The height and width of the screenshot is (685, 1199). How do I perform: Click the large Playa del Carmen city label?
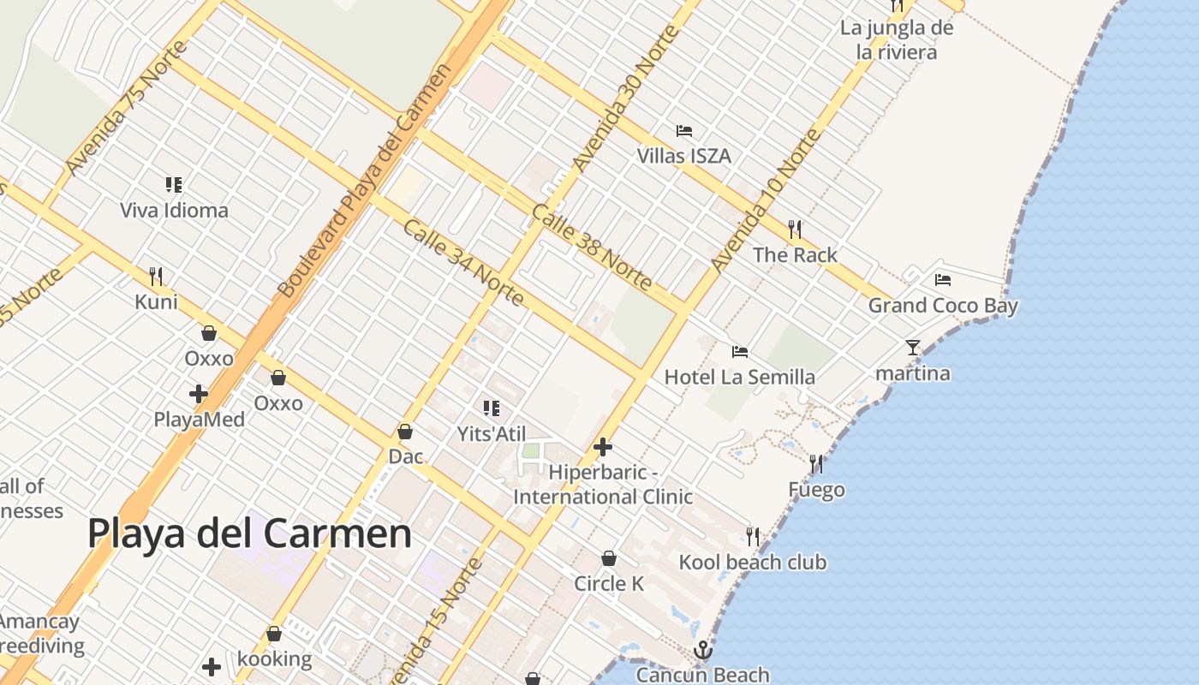tap(249, 533)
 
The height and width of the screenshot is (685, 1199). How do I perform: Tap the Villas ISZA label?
tap(683, 156)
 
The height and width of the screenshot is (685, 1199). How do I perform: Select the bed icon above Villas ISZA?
tap(684, 131)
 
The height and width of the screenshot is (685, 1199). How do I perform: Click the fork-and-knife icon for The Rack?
tap(795, 229)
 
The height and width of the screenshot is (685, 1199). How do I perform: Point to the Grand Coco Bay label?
tap(943, 306)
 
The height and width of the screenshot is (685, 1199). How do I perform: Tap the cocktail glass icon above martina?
tap(913, 348)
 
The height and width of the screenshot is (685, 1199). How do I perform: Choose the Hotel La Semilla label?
tap(740, 377)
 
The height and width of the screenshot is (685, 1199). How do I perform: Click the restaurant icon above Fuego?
tap(816, 464)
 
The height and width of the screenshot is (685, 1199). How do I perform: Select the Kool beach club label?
tap(753, 563)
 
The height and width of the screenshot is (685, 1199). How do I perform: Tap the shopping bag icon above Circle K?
tap(609, 558)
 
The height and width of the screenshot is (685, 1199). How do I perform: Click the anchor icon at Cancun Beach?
tap(703, 650)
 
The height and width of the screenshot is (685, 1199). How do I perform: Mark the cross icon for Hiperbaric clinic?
tap(603, 447)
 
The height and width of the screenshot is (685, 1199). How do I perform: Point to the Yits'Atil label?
tap(492, 434)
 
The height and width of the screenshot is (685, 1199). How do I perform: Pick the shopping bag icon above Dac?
tap(405, 432)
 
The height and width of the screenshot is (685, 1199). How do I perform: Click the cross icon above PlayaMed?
tap(199, 394)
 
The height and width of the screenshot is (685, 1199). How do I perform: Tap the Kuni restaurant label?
tap(157, 302)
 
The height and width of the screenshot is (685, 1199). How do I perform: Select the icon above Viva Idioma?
tap(175, 185)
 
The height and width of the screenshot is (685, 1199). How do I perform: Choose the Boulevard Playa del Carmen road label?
tap(365, 181)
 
